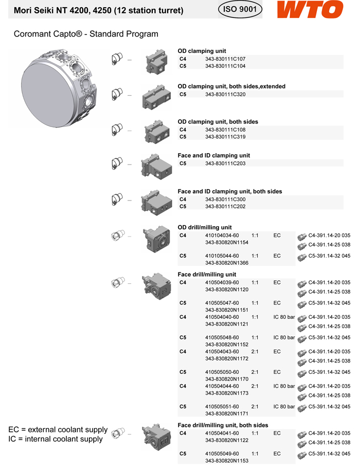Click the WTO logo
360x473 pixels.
(310, 10)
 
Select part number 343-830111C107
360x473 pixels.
(225, 59)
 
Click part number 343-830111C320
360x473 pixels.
(225, 94)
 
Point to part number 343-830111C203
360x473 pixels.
(225, 163)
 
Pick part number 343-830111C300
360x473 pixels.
(225, 199)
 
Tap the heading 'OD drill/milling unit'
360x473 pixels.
(205, 227)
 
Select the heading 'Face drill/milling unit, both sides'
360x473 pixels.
(223, 425)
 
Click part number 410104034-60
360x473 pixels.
(222, 235)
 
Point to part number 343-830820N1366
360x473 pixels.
(227, 263)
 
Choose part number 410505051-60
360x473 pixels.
(222, 406)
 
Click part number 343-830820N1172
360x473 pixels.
(227, 358)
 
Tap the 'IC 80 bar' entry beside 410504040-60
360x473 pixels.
(284, 317)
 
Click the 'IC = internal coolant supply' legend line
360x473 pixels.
(56, 439)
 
